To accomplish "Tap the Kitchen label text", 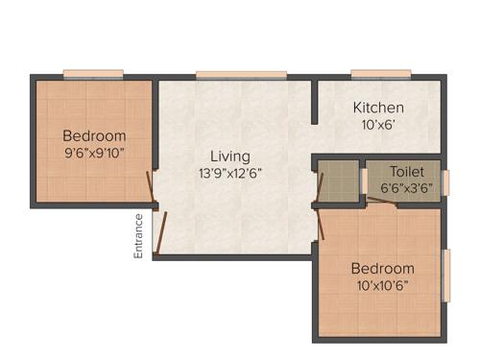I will [378, 108].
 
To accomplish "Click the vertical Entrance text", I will [138, 235].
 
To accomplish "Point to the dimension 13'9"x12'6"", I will [230, 174].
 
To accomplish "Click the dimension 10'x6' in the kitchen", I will [378, 125].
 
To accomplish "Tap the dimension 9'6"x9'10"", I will [94, 152].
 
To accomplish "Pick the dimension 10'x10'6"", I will [382, 286].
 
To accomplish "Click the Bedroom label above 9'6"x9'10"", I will [94, 134].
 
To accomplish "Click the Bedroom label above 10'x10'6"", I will [382, 268].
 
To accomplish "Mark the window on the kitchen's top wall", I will [381, 74].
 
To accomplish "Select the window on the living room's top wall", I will [241, 74].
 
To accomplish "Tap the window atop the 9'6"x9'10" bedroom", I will [93, 74].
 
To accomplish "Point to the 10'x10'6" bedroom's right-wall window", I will [445, 276].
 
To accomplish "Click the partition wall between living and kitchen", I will [314, 102].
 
